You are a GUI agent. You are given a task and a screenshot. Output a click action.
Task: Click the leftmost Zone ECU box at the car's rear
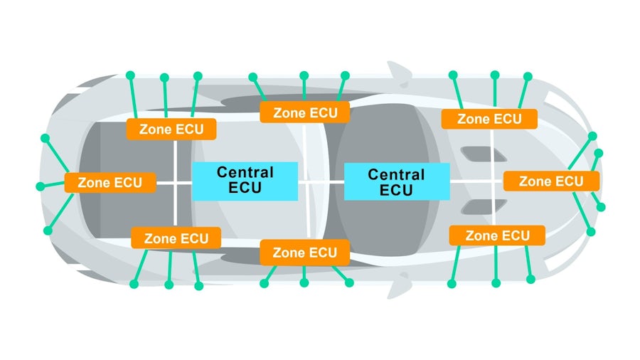(x=110, y=182)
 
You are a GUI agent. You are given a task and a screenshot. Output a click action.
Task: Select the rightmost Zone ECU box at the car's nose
(x=551, y=181)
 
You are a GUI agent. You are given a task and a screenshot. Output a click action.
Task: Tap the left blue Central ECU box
(x=245, y=181)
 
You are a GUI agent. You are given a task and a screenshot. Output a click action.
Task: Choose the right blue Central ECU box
(x=396, y=181)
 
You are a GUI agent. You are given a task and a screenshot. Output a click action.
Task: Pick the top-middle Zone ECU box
(x=304, y=112)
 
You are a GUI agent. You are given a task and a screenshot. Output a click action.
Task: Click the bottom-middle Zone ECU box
(x=304, y=252)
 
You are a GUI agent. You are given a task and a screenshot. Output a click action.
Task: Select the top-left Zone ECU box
(x=171, y=129)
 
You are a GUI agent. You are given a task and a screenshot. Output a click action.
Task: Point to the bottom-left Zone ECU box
(x=176, y=238)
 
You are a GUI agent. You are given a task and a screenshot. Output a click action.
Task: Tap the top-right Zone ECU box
(x=489, y=119)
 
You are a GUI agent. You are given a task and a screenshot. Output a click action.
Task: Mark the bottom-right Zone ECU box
(x=497, y=235)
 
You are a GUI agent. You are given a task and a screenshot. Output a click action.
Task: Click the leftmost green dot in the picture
(x=40, y=186)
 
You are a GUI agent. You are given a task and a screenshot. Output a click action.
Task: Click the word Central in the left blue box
(x=245, y=172)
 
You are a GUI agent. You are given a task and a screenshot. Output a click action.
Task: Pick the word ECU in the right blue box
(x=396, y=190)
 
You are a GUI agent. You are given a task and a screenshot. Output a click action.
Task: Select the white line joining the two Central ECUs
(x=321, y=182)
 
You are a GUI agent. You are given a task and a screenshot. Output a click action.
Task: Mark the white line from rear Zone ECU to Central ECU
(x=174, y=183)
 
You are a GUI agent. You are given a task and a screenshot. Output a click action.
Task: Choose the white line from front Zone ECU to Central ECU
(x=476, y=181)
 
